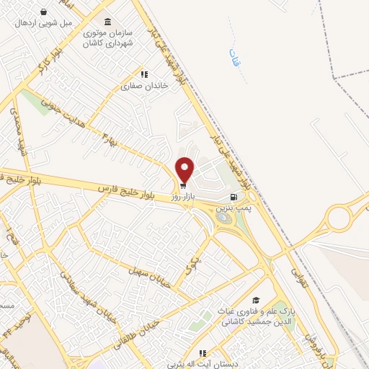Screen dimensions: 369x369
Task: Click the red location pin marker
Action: pos(185,169)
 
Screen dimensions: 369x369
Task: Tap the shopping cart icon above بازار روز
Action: pos(182,184)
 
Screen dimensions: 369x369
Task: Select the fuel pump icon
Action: pos(233,197)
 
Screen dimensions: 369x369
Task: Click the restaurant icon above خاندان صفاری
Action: pos(144,74)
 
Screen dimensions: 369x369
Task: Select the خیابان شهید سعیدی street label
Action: pos(79,297)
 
